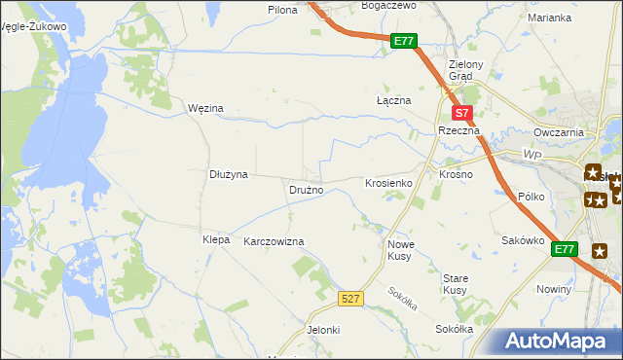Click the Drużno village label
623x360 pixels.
[x=306, y=190]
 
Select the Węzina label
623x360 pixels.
[x=205, y=108]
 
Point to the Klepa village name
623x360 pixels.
[x=215, y=239]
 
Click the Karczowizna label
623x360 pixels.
[x=274, y=241]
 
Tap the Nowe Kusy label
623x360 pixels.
[x=401, y=250]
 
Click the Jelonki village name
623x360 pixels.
[x=323, y=330]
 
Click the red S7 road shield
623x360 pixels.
[x=463, y=113]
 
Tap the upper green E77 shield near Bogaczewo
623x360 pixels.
[x=405, y=42]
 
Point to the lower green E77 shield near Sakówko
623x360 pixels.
[x=565, y=250]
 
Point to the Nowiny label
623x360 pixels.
[x=554, y=290]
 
